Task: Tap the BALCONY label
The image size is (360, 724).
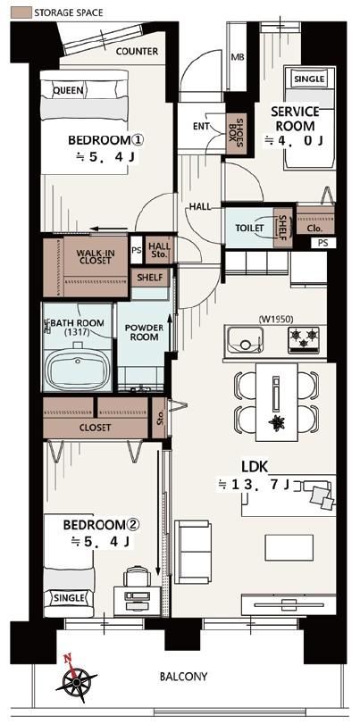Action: (x=183, y=677)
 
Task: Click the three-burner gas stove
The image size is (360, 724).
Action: (x=304, y=340)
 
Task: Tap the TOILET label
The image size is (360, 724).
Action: (x=249, y=229)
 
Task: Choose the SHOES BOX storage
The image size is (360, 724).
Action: (x=236, y=133)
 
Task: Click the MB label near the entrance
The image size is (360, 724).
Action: (x=237, y=58)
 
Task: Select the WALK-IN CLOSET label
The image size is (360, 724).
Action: (x=94, y=256)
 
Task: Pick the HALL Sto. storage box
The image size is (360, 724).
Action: (x=159, y=250)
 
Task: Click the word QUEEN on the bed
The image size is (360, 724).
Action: (x=69, y=90)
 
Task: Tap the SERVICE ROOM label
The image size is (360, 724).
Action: (x=296, y=119)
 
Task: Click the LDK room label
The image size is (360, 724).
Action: (x=255, y=467)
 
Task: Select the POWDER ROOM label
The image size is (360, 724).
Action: (x=144, y=332)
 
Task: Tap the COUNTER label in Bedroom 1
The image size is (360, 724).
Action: (x=137, y=51)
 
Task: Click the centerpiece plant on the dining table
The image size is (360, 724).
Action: (x=278, y=423)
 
